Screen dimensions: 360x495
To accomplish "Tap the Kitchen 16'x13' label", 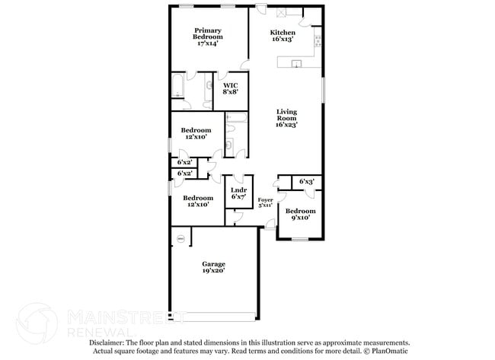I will point(283,36).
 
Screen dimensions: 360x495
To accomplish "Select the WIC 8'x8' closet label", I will point(231,88).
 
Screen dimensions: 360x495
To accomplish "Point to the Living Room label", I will point(286,118).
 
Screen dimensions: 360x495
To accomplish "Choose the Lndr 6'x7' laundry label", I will point(238,193).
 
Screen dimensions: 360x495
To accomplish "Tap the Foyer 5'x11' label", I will point(265,202).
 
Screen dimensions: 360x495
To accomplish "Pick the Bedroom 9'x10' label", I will point(300,215).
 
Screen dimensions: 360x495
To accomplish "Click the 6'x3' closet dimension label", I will point(306,181).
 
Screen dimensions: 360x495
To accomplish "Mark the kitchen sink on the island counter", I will point(298,64).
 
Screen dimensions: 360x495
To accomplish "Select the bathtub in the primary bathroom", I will point(177,85).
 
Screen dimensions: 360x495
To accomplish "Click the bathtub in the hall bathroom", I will point(235,118).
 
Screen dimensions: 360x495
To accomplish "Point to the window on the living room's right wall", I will point(324,90).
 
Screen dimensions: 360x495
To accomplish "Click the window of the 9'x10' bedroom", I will point(300,240).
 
